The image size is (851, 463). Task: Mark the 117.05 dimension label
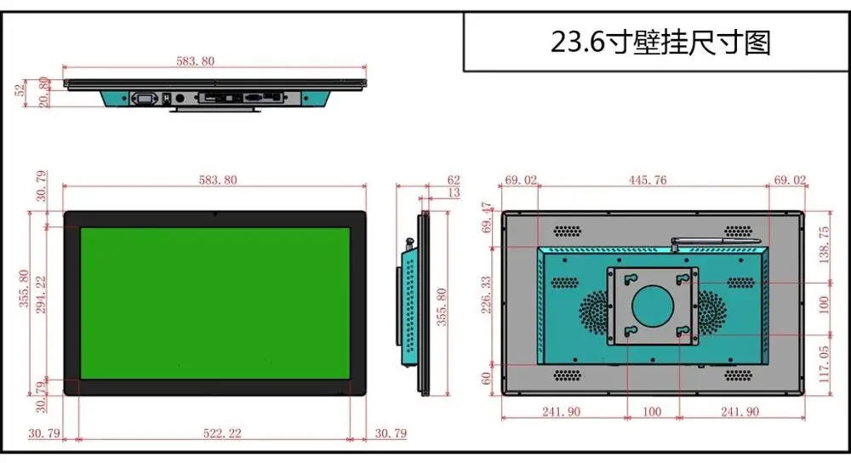[x=822, y=363]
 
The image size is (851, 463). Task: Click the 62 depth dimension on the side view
[x=453, y=180]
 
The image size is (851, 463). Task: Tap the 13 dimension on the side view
[x=453, y=193]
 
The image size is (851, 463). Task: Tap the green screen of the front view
[x=215, y=302]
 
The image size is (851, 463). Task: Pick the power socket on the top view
[x=145, y=100]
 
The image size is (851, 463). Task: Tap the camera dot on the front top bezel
[x=214, y=214]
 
